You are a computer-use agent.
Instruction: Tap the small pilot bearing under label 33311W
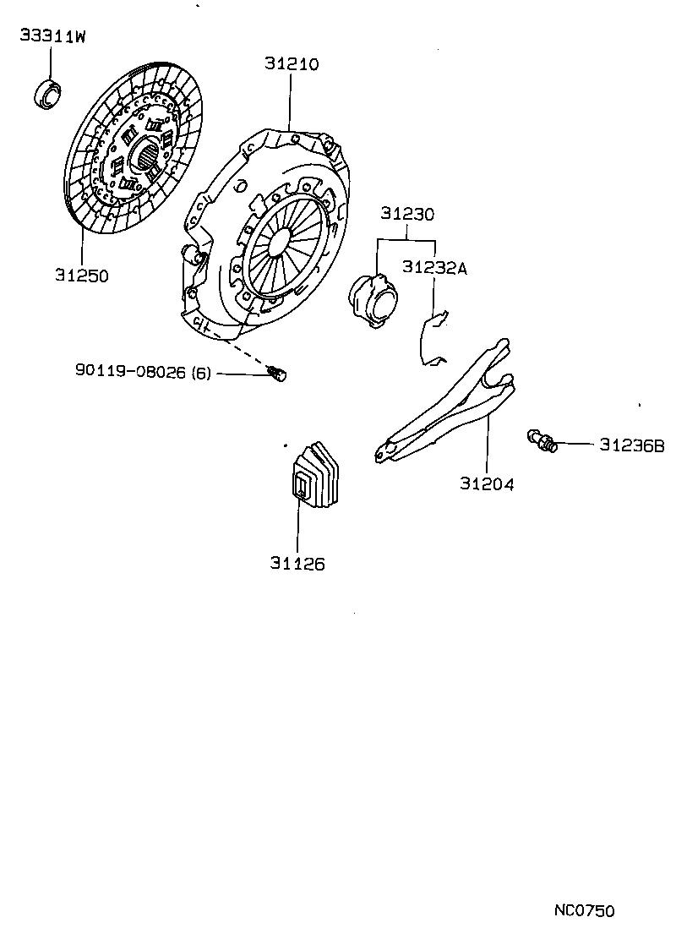point(49,93)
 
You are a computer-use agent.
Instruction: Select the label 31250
point(82,275)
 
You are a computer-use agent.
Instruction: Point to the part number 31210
point(291,63)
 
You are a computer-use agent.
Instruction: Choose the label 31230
point(406,215)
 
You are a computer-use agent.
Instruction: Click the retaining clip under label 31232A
point(433,338)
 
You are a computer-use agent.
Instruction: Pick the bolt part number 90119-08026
point(130,371)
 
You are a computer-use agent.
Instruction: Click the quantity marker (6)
point(201,371)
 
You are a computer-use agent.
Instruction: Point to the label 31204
point(488,484)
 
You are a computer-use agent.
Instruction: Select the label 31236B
point(632,445)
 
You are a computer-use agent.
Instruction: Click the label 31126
point(297,564)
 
